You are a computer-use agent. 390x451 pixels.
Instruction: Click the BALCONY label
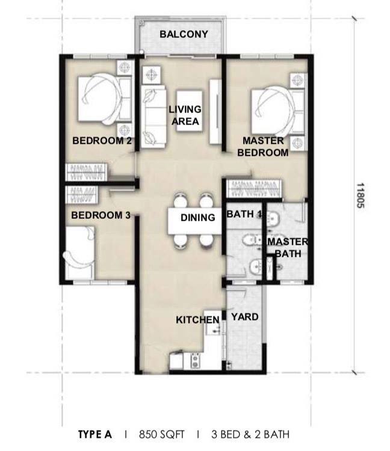pyautogui.click(x=184, y=34)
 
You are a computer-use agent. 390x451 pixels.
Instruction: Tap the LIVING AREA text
pyautogui.click(x=185, y=115)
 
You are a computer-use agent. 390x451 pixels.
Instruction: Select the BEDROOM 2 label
pyautogui.click(x=102, y=141)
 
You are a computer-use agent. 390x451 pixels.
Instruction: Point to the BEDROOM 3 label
pyautogui.click(x=101, y=215)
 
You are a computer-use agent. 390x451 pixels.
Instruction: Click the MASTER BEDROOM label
pyautogui.click(x=263, y=147)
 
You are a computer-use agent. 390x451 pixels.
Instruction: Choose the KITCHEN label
pyautogui.click(x=197, y=320)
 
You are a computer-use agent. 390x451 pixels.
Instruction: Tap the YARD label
pyautogui.click(x=244, y=317)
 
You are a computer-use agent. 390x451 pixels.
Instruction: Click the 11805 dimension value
pyautogui.click(x=360, y=195)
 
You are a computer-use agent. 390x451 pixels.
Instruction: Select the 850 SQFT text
pyautogui.click(x=161, y=434)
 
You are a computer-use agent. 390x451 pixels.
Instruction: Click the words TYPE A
pyautogui.click(x=95, y=434)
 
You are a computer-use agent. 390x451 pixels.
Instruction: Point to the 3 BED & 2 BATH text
pyautogui.click(x=250, y=434)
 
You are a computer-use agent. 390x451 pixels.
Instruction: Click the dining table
pyautogui.click(x=195, y=221)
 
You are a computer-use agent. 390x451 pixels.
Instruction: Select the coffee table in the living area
pyautogui.click(x=190, y=111)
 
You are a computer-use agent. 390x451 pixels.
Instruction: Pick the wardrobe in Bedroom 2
pyautogui.click(x=86, y=173)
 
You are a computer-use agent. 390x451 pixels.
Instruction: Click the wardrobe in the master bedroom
pyautogui.click(x=254, y=189)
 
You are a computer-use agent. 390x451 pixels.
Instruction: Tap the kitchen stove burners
pyautogui.click(x=195, y=361)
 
